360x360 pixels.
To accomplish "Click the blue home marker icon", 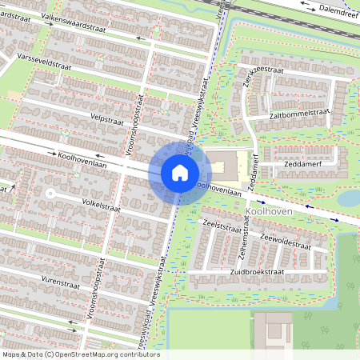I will click(179, 172).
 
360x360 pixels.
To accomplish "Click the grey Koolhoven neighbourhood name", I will click(267, 210).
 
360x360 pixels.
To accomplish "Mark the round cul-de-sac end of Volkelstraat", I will click(50, 193).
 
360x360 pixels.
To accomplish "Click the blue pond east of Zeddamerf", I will click(349, 198).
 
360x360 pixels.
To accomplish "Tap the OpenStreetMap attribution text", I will click(81, 354).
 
